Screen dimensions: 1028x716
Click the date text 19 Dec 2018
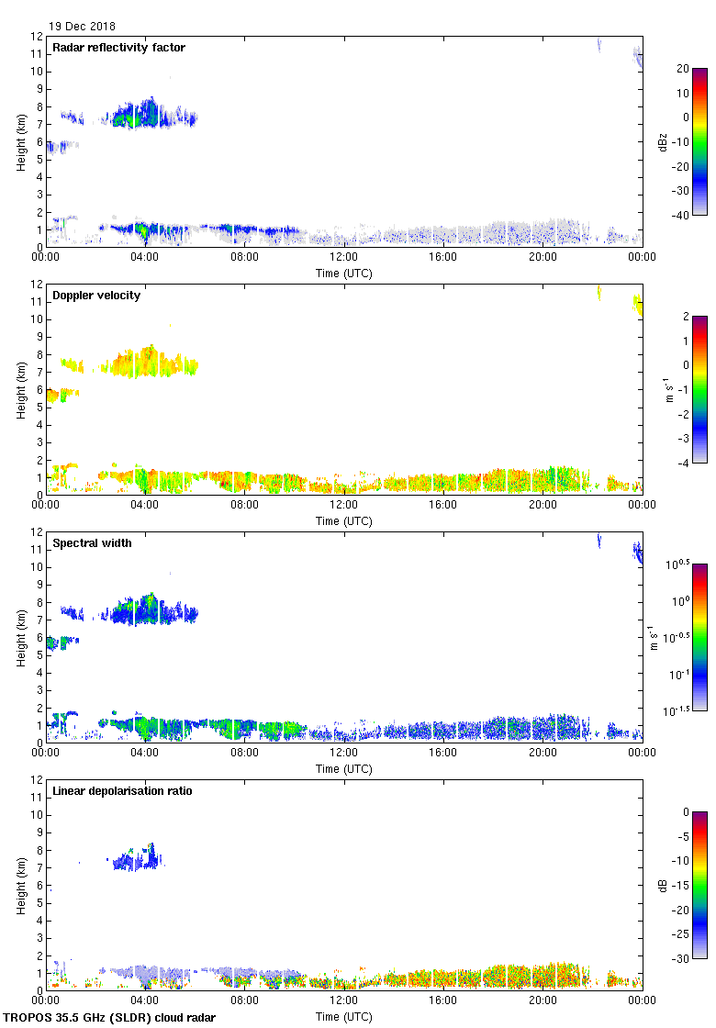83,27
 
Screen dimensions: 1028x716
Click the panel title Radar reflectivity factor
118,48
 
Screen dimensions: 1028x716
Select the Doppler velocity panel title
96,296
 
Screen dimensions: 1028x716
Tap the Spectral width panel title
92,543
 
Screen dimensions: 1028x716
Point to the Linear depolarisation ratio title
122,791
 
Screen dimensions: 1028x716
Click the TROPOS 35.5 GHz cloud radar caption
110,1018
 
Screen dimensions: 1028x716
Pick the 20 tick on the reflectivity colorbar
682,69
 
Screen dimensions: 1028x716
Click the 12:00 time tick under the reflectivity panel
344,257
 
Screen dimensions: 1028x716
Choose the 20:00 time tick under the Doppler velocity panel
543,505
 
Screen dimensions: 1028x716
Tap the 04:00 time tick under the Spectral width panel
145,753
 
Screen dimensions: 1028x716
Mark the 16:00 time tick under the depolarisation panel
443,1000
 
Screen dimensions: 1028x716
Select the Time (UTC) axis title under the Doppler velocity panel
344,521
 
